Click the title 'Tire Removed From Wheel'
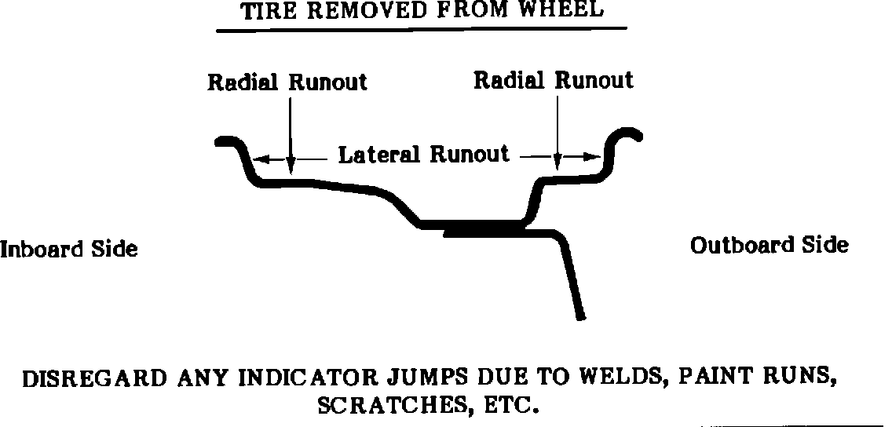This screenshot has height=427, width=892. [x=422, y=10]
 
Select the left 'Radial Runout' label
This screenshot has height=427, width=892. [x=287, y=82]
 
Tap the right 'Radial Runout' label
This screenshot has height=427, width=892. [x=554, y=80]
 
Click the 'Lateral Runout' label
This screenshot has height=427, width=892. [x=424, y=154]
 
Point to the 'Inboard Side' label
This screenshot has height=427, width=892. [x=69, y=250]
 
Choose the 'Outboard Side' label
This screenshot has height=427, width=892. [x=770, y=246]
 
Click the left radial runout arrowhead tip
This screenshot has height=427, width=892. [x=291, y=170]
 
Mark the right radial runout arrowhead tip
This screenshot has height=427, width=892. [x=557, y=166]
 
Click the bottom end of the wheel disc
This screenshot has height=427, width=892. [x=580, y=316]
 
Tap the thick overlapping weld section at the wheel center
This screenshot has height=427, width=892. [x=483, y=228]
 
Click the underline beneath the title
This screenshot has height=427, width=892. [x=422, y=29]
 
